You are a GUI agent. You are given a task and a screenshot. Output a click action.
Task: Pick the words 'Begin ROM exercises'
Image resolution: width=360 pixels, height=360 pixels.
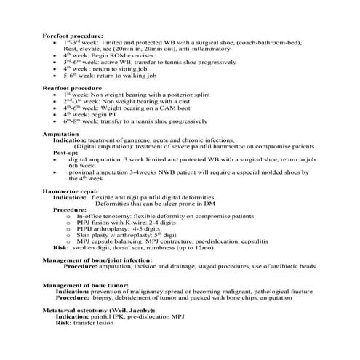[x=123, y=54]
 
